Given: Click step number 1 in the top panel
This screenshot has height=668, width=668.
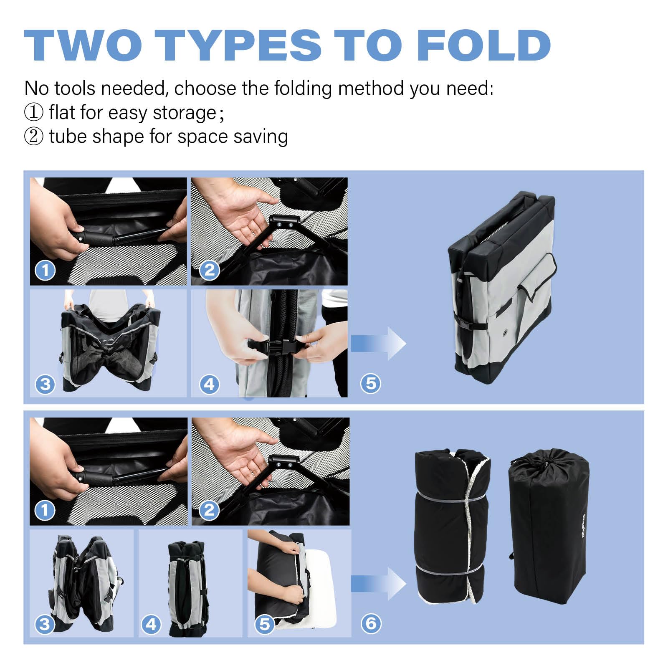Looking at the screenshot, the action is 45,270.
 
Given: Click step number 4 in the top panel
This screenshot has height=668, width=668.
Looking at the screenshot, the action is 210,383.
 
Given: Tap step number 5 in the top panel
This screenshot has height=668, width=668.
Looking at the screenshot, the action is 371,383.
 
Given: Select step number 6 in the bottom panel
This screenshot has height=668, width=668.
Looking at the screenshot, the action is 371,624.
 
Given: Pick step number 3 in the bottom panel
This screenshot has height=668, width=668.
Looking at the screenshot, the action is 45,624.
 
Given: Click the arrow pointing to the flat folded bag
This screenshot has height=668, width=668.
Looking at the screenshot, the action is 378,344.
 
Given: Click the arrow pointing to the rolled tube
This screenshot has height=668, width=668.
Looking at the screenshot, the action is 378,584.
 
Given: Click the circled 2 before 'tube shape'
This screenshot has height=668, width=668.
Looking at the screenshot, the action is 33,137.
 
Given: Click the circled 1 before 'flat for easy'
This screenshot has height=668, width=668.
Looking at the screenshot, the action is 33,113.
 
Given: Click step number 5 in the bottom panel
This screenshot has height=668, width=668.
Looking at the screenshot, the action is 265,624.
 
